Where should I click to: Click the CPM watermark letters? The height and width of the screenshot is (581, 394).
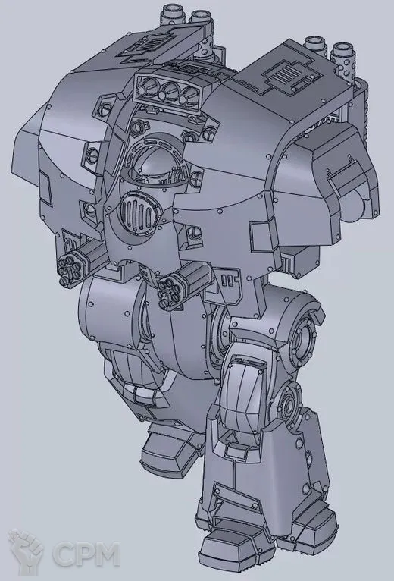point(86,554)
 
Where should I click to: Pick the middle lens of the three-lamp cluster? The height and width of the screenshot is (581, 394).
point(170,91)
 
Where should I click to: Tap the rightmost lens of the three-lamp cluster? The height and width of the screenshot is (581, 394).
point(189,96)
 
